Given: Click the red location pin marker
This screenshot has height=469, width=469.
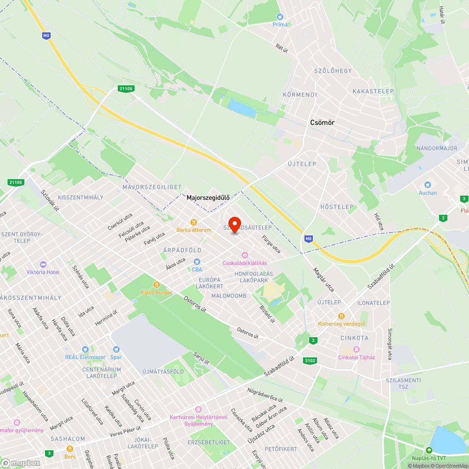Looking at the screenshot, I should [x=234, y=224].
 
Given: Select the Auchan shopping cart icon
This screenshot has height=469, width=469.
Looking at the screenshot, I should [x=427, y=185].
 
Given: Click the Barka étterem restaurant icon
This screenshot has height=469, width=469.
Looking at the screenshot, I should [x=193, y=222].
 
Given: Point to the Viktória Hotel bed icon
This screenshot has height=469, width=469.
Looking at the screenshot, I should [x=43, y=264].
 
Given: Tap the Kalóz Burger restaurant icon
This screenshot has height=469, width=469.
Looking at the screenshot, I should [x=157, y=285].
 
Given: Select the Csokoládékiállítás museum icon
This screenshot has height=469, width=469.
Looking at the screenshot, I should [x=244, y=255].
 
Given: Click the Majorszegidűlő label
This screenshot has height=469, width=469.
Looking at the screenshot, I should [x=208, y=198].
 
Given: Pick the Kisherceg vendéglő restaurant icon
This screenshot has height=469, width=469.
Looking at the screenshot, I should [x=341, y=316].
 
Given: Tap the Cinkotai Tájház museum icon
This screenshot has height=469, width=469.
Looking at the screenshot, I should [x=356, y=349].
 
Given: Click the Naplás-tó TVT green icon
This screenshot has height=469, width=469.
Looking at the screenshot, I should [x=428, y=450].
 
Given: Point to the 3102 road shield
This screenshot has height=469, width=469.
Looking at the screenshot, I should [x=310, y=361].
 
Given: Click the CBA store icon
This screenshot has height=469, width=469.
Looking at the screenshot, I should [x=197, y=261].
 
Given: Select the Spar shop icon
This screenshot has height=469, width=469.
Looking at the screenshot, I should [x=116, y=349].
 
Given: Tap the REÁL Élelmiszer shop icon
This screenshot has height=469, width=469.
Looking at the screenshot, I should [x=85, y=349].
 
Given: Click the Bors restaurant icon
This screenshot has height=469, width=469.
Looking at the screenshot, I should [x=70, y=449].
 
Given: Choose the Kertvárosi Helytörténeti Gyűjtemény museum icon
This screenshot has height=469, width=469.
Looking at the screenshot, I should [x=198, y=410].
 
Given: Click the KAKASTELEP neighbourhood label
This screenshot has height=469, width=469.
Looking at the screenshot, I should [x=373, y=91].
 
